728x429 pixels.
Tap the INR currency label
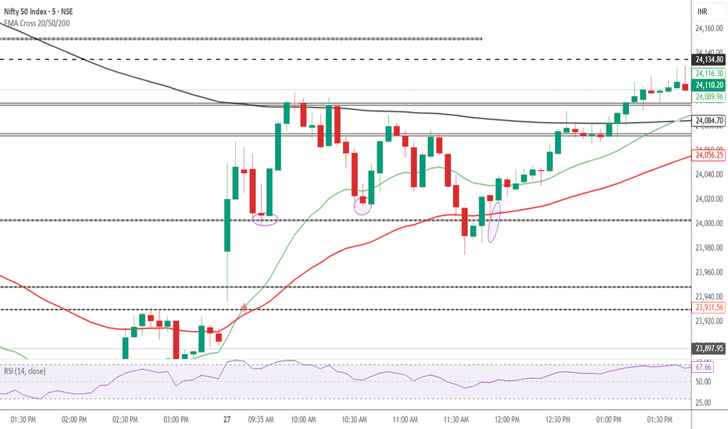pyautogui.click(x=702, y=11)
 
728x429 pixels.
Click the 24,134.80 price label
pyautogui.click(x=710, y=59)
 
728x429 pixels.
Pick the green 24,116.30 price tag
pyautogui.click(x=710, y=73)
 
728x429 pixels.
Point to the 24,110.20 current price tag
pyautogui.click(x=710, y=84)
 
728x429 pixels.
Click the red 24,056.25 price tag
pyautogui.click(x=710, y=155)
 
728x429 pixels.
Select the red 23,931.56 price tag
pyautogui.click(x=710, y=308)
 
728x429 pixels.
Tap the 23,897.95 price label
pyautogui.click(x=710, y=349)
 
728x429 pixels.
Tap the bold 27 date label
pyautogui.click(x=227, y=419)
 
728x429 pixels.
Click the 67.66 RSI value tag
pyautogui.click(x=704, y=367)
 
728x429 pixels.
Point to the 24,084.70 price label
pyautogui.click(x=710, y=120)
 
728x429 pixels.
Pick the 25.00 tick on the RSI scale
pyautogui.click(x=704, y=402)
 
